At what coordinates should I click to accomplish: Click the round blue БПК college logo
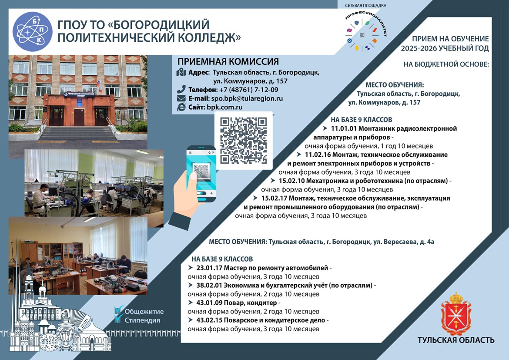point(33,31)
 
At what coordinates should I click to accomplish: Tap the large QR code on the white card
point(244,140)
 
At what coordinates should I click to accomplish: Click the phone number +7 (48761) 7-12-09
point(249,90)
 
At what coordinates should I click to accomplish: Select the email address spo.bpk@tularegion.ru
point(247,98)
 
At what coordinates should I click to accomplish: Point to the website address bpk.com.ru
point(224,107)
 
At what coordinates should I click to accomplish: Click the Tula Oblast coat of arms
point(456,313)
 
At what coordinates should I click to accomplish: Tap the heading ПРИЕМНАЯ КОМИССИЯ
point(228,61)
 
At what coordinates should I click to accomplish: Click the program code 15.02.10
point(291,181)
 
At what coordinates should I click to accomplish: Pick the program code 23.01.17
point(209,268)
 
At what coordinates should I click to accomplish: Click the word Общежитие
point(144,311)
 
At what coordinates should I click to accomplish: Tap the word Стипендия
point(142,320)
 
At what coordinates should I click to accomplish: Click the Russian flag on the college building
point(100,85)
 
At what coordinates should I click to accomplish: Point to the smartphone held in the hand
point(201,174)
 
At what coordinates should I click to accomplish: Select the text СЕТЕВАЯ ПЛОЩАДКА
point(365,6)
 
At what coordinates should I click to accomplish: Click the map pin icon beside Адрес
point(181,72)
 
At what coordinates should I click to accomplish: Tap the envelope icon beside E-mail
point(181,98)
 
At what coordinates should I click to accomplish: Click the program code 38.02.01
point(209,285)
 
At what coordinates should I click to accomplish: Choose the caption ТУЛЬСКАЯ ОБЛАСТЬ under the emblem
point(456,340)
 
